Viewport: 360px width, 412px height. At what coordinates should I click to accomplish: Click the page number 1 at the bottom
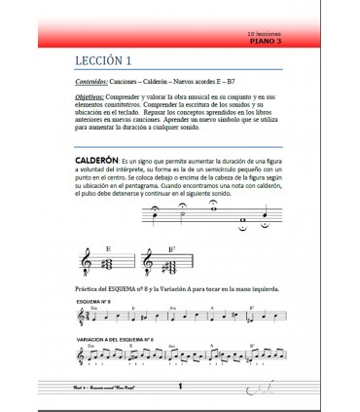[181, 387]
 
